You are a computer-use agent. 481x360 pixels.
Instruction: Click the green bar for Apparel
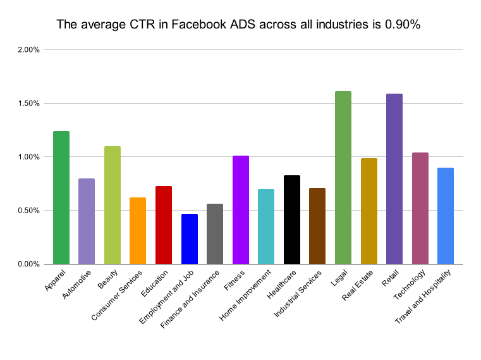[x=61, y=197]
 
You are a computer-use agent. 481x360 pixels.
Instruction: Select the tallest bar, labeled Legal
[x=343, y=178]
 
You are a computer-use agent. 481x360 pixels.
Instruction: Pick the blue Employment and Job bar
[x=190, y=239]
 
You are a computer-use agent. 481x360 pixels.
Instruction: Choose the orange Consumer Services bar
[x=138, y=231]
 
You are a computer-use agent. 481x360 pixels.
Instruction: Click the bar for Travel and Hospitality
[x=446, y=216]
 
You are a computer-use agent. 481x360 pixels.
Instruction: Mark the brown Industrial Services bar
[x=317, y=226]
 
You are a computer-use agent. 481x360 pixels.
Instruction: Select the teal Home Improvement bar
[x=266, y=227]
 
